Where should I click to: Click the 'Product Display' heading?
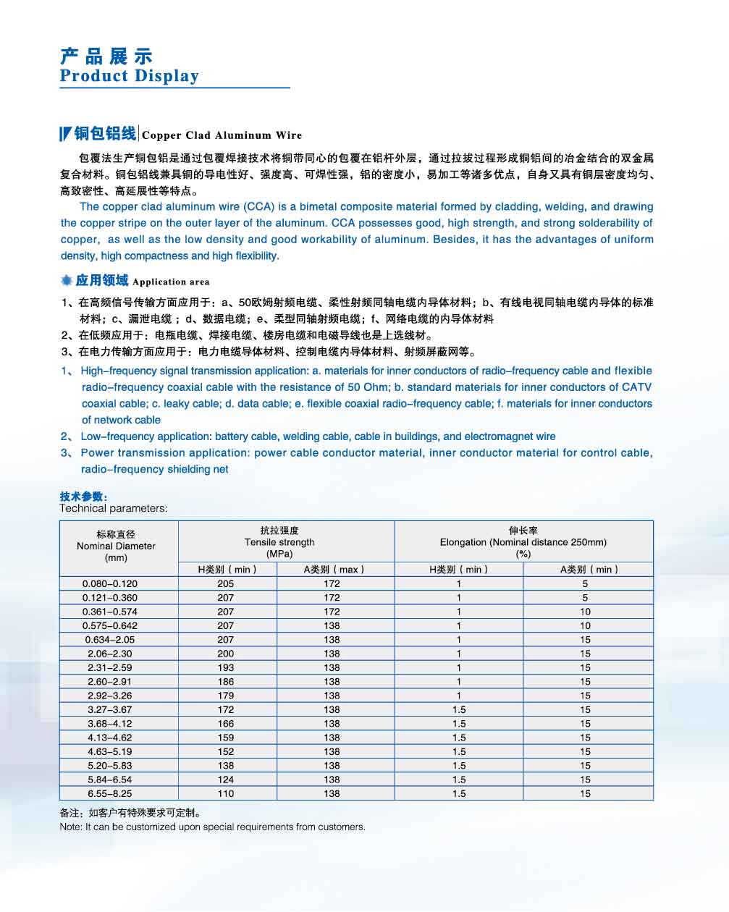click(129, 76)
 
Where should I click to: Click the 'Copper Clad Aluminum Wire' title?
click(222, 135)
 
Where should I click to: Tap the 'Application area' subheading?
click(171, 282)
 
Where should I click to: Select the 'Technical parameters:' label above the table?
click(113, 508)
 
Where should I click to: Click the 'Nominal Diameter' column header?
click(116, 546)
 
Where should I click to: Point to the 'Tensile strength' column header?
click(279, 542)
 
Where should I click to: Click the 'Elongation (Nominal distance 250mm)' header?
click(523, 542)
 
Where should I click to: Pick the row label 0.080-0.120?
click(109, 583)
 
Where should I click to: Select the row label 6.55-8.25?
click(109, 793)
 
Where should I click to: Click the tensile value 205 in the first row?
click(225, 583)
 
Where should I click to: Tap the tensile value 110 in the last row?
click(225, 793)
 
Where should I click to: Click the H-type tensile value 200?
click(225, 654)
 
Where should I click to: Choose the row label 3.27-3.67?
click(109, 709)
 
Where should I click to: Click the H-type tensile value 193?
click(225, 667)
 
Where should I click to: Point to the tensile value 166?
click(225, 724)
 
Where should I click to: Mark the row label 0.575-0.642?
click(109, 625)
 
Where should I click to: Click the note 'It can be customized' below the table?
click(212, 827)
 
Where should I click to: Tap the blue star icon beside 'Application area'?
click(67, 281)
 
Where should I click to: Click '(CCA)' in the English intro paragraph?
click(258, 206)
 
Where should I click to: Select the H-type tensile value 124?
click(225, 780)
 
